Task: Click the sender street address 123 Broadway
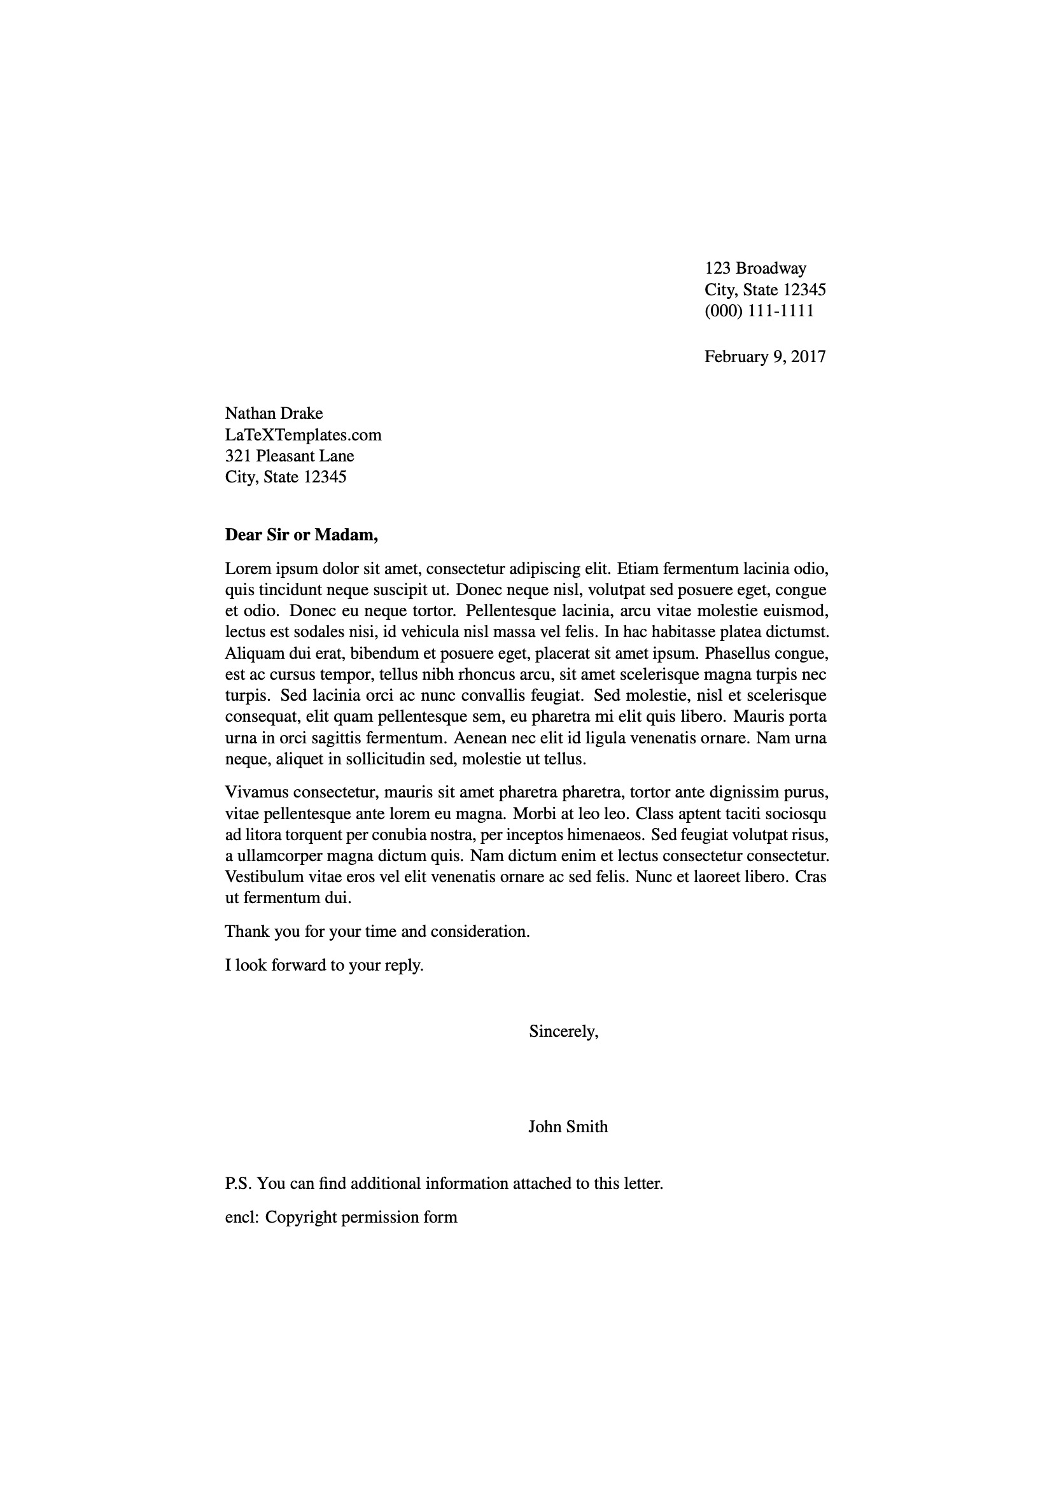click(755, 269)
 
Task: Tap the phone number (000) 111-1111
click(759, 311)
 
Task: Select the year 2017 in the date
click(808, 356)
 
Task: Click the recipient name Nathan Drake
click(274, 414)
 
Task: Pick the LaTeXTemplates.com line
click(303, 435)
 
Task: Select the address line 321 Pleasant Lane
click(289, 456)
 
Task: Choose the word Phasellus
click(739, 653)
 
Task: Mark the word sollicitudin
click(386, 759)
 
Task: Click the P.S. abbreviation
click(238, 1184)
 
